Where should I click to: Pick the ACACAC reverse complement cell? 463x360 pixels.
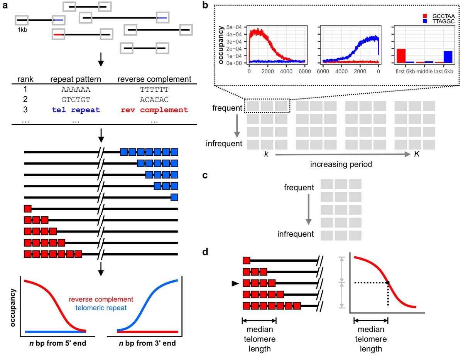(x=154, y=100)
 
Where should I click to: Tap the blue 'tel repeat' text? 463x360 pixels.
(x=76, y=110)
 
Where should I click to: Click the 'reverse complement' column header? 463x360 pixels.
(x=154, y=79)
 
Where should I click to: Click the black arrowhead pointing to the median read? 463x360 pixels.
(x=234, y=283)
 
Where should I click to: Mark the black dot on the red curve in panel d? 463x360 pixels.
(x=388, y=283)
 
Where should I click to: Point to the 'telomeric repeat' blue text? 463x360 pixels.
(x=101, y=309)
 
